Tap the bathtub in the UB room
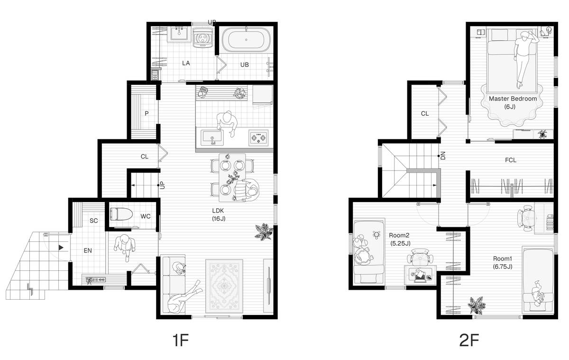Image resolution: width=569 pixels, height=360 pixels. (246, 40)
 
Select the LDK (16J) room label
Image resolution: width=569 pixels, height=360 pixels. (219, 214)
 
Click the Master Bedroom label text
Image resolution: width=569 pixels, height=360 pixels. (513, 99)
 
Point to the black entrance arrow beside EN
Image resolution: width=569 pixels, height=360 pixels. (61, 247)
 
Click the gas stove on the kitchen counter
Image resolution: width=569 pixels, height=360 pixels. (258, 138)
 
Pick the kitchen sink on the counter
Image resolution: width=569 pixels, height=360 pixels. (212, 138)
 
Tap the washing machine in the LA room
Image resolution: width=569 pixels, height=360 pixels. (203, 37)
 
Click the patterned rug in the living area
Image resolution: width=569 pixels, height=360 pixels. (224, 286)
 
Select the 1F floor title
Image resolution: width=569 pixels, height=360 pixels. (181, 340)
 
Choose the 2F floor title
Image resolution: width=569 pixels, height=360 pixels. (469, 340)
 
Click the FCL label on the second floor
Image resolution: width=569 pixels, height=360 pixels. (511, 160)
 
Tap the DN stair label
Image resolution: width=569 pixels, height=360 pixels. (443, 156)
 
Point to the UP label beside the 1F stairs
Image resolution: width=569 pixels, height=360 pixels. (163, 185)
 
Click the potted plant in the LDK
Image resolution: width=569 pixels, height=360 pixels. (264, 231)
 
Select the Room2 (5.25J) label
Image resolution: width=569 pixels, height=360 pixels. (399, 240)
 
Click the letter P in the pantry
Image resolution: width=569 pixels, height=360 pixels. (147, 113)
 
